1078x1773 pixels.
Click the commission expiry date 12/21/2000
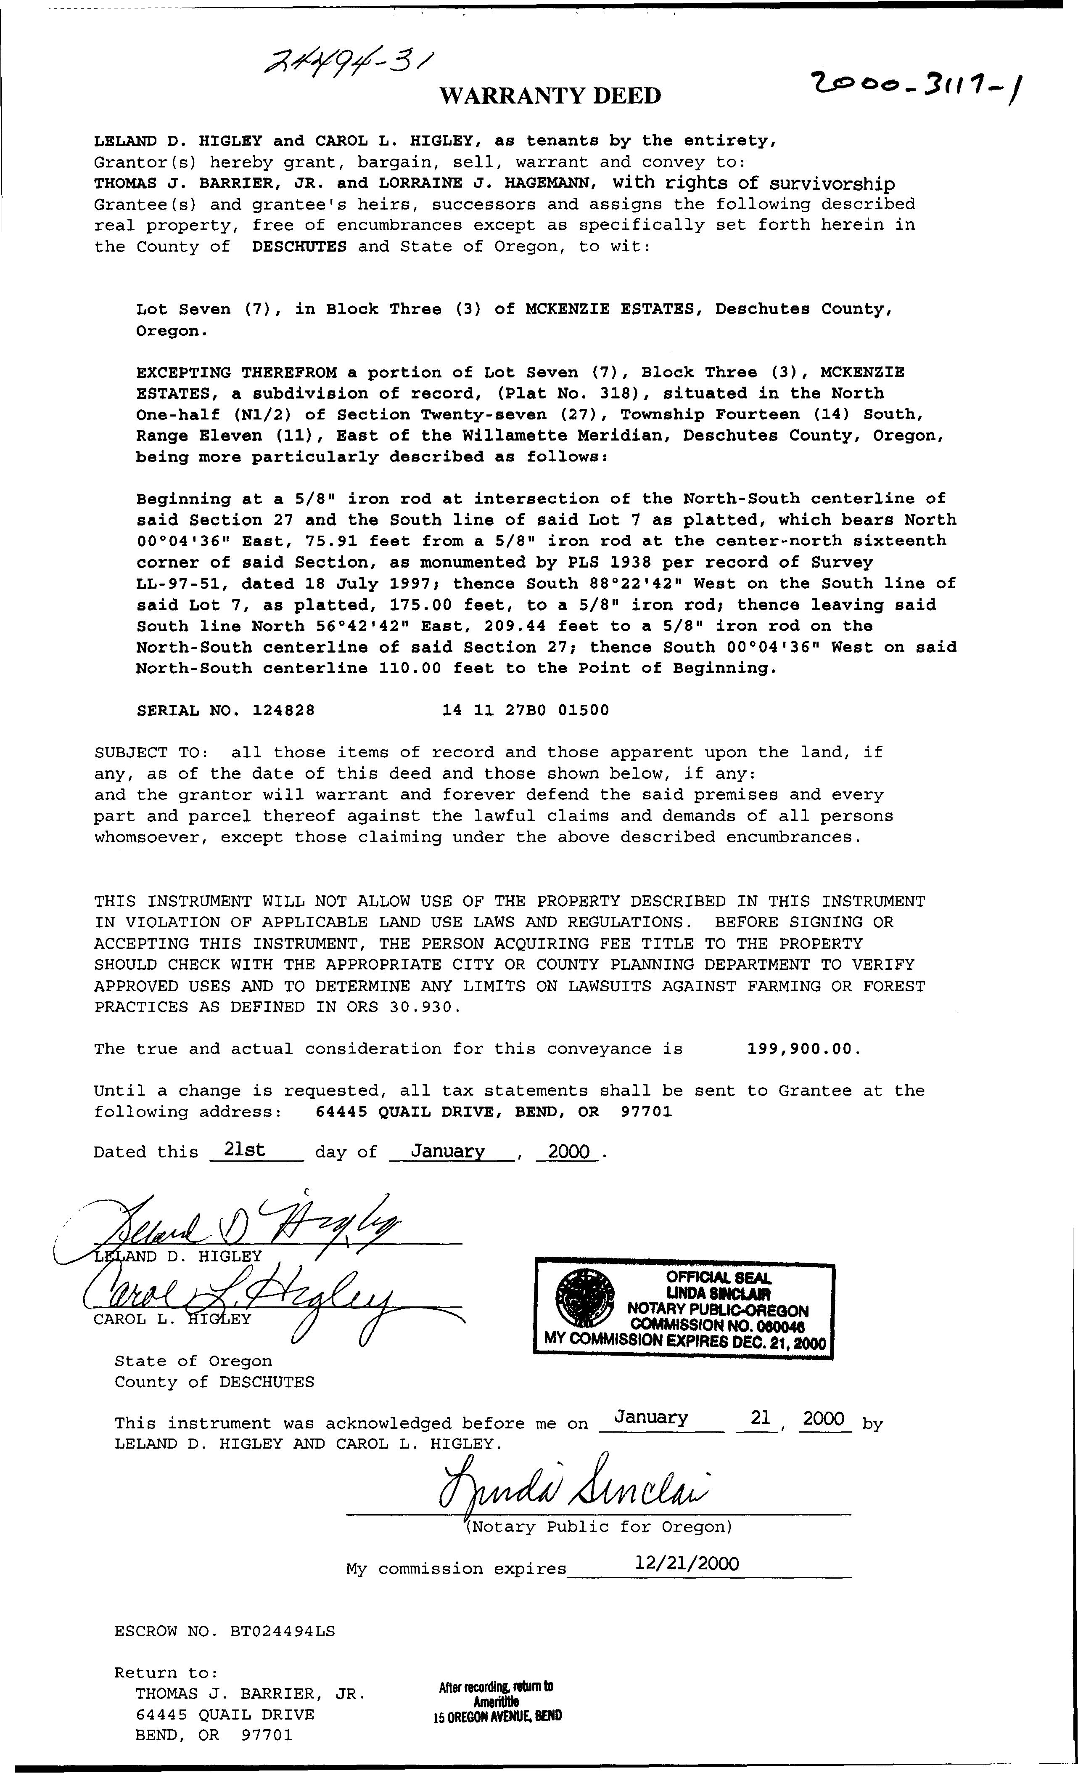tap(687, 1563)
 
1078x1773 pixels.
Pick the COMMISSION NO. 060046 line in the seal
tap(716, 1325)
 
